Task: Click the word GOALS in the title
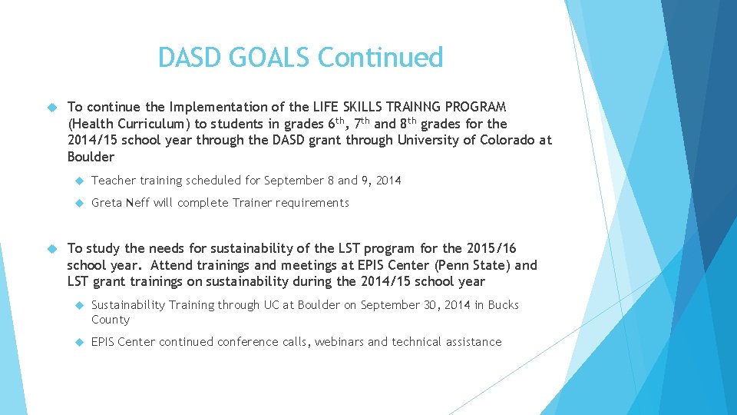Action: (269, 58)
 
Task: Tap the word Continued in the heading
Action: (380, 58)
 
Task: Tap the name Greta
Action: (108, 203)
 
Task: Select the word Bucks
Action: (504, 305)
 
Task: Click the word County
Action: (111, 320)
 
